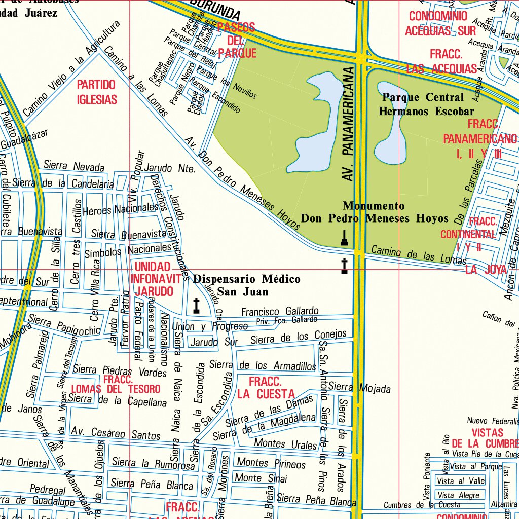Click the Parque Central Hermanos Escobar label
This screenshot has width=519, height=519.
point(426,104)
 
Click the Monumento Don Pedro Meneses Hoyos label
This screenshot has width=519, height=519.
point(375,212)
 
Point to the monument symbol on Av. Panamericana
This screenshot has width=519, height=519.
point(345,238)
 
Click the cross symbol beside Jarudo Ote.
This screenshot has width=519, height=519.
point(197,305)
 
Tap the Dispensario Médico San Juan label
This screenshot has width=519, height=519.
point(246,285)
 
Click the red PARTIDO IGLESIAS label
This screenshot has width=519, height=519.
point(97,92)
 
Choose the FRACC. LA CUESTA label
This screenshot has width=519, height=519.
point(266,388)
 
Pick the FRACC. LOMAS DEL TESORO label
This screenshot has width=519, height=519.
point(116,385)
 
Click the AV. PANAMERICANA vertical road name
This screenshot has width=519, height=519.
point(348,124)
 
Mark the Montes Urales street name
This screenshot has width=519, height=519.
point(285,443)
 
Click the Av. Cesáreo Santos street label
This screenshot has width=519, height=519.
point(116,433)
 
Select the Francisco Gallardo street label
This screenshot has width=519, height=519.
point(280,311)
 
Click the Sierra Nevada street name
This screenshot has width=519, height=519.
point(74,166)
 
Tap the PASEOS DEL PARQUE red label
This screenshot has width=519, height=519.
point(236,40)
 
